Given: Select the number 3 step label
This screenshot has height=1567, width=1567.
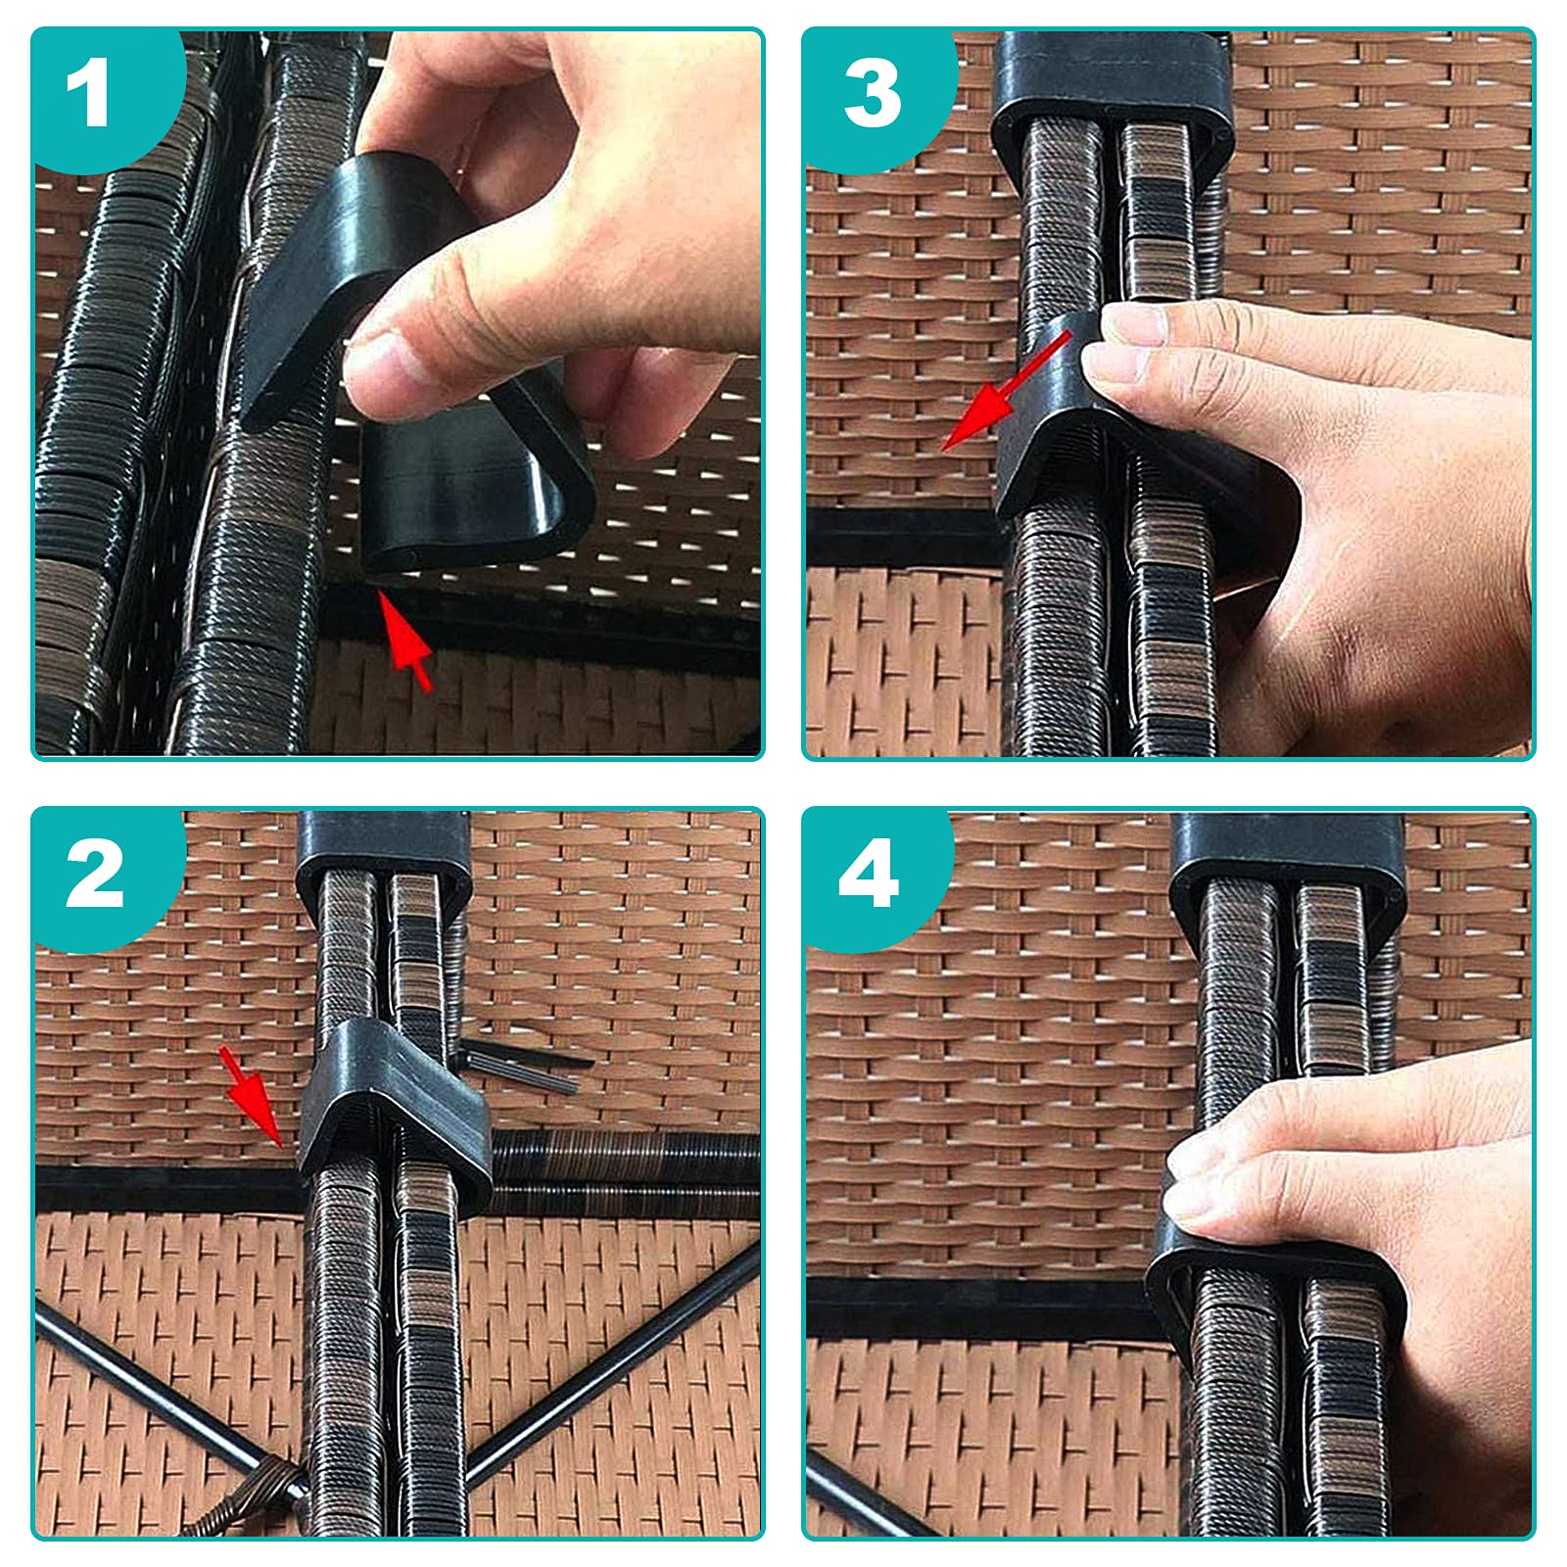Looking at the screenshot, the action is pyautogui.click(x=872, y=94).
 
